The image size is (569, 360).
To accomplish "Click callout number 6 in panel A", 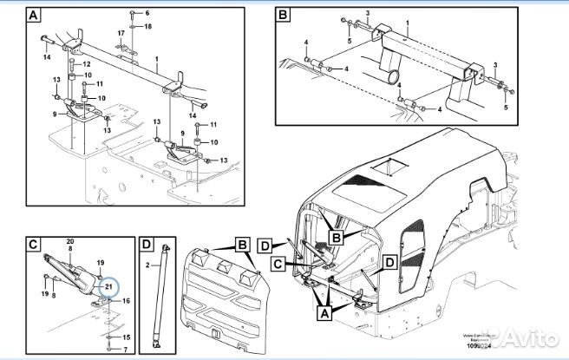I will point(147,13).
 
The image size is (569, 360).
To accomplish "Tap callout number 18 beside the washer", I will point(147,27).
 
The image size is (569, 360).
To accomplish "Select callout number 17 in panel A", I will point(121,33).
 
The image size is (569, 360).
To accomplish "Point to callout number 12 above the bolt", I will point(87,64).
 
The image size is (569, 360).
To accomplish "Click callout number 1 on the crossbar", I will point(156,59).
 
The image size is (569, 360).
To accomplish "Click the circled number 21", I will point(108,285).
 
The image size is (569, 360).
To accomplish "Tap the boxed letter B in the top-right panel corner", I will point(283,16).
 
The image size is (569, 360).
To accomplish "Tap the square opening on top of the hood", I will point(389,165).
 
